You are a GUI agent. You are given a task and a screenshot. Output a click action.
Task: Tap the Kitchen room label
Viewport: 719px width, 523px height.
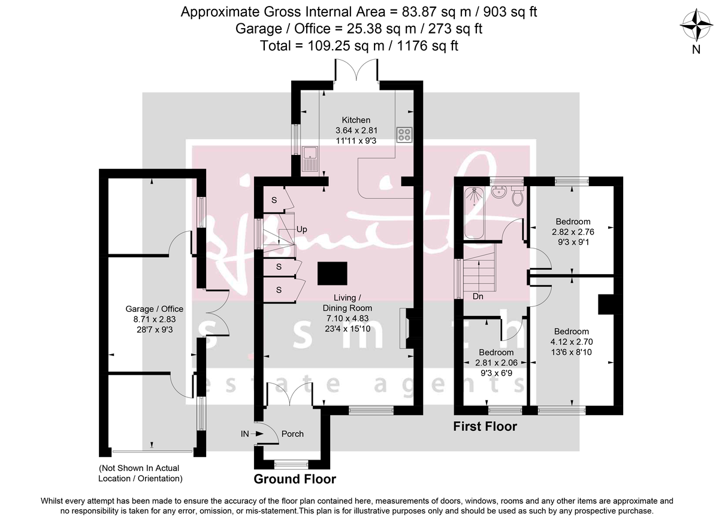pyautogui.click(x=356, y=120)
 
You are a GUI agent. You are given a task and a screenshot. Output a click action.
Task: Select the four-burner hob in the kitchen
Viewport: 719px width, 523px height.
pyautogui.click(x=403, y=135)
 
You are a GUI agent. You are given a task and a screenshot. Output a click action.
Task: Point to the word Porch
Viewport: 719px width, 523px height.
pyautogui.click(x=292, y=434)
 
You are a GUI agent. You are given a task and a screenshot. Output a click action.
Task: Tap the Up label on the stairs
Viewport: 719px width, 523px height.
pyautogui.click(x=302, y=230)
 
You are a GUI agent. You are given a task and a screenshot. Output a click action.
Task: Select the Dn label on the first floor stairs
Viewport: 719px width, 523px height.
pyautogui.click(x=478, y=296)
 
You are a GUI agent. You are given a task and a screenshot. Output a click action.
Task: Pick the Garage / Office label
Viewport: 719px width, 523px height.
pyautogui.click(x=154, y=309)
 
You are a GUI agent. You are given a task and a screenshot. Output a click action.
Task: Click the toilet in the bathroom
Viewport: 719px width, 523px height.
pyautogui.click(x=518, y=196)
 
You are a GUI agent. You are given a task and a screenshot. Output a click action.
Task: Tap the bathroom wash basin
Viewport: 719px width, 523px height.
pyautogui.click(x=499, y=193)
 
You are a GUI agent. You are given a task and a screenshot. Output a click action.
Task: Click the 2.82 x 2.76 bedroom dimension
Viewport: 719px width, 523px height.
pyautogui.click(x=572, y=232)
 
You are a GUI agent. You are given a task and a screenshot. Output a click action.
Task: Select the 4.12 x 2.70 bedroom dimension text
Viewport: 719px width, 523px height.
pyautogui.click(x=571, y=342)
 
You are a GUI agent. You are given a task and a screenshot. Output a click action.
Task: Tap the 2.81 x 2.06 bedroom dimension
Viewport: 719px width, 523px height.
pyautogui.click(x=494, y=363)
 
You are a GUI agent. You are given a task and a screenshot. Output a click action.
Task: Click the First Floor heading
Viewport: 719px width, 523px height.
pyautogui.click(x=485, y=427)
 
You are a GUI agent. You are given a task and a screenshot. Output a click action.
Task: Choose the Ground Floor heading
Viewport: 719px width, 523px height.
pyautogui.click(x=295, y=479)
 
